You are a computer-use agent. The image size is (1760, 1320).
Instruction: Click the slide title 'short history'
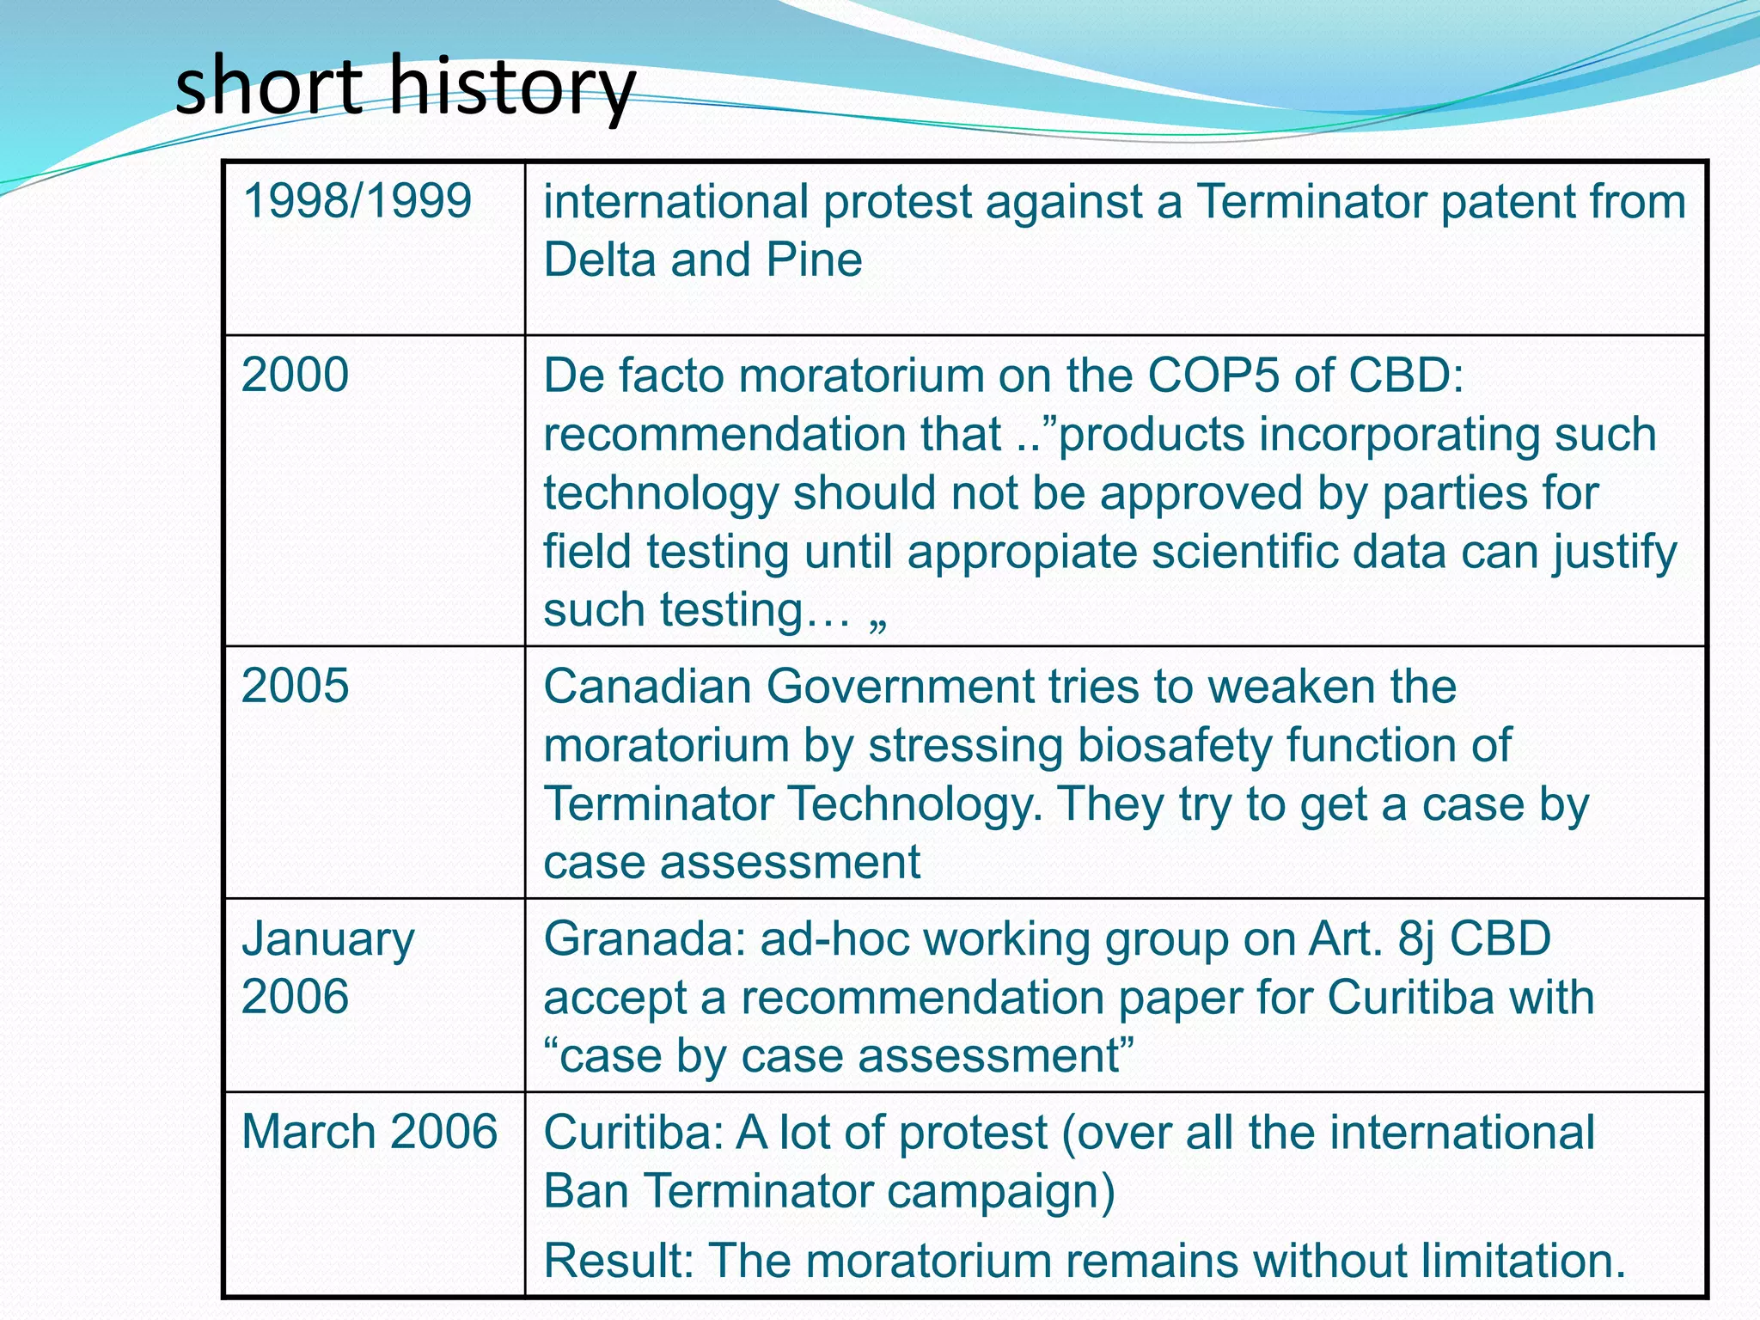(404, 86)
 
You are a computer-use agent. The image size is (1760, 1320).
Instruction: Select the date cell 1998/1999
(357, 201)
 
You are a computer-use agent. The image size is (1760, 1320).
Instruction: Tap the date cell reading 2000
(295, 376)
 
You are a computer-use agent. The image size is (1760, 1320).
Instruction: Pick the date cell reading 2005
(295, 687)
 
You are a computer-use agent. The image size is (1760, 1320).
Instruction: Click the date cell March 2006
(370, 1132)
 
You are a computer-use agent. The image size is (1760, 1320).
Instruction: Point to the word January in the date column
(328, 939)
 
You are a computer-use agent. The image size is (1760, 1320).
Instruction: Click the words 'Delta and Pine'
(702, 260)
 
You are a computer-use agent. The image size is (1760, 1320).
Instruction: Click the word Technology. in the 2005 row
(914, 805)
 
